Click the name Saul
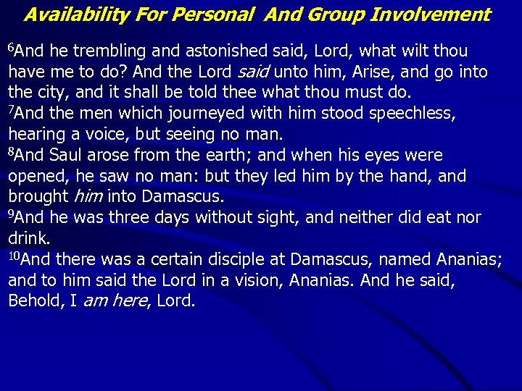click(65, 156)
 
